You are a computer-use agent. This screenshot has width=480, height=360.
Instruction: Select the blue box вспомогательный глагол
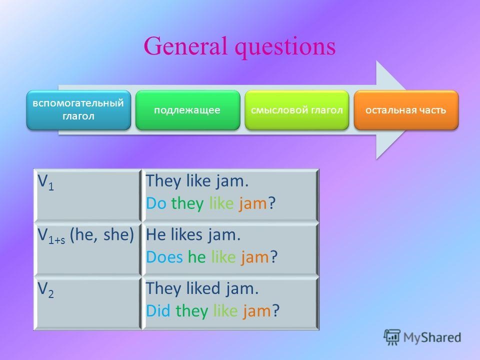pos(78,110)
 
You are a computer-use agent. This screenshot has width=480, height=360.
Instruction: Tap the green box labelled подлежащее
pos(187,110)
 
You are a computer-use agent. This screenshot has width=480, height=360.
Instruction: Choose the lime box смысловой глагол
pos(296,110)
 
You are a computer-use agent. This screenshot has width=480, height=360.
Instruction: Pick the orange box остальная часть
pos(406,110)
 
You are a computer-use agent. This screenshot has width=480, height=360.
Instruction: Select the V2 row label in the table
pos(45,289)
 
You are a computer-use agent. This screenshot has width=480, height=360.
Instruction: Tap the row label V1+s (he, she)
pos(85,235)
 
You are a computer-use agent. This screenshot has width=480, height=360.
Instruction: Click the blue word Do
pos(156,203)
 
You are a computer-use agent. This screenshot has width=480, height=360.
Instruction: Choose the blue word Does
pos(164,256)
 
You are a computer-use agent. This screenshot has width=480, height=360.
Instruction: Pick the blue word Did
pos(158,310)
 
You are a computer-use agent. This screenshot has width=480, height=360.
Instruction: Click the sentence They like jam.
pos(197,181)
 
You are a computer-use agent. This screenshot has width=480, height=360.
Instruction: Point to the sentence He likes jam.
pos(193,235)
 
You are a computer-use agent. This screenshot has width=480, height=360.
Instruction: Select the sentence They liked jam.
pos(202,289)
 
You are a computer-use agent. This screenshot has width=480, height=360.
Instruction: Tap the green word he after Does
pos(197,256)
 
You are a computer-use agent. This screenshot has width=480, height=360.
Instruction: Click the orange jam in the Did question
pos(256,311)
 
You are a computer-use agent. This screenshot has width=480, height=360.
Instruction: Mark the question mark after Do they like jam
pos(272,203)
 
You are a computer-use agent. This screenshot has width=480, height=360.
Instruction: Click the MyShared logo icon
pos(392,337)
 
